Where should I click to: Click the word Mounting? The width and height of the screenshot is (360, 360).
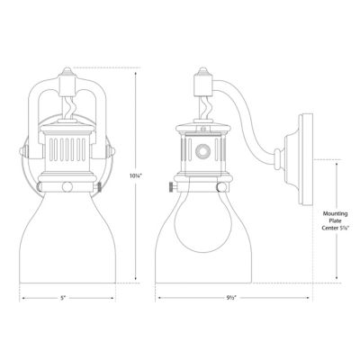coord(336,214)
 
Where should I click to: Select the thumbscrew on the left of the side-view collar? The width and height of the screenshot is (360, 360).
coord(170,186)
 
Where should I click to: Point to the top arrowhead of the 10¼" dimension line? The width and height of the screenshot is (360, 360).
coord(137,75)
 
